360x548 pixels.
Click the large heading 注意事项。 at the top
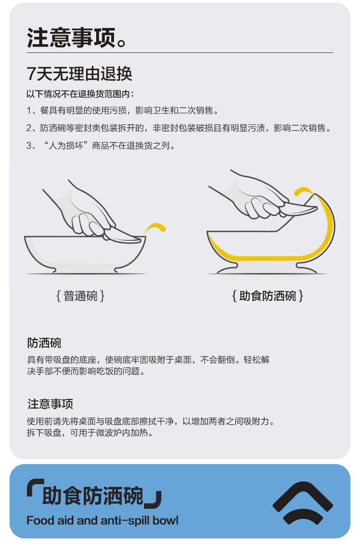77,38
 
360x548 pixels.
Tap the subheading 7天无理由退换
79,73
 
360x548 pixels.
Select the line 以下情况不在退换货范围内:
80,94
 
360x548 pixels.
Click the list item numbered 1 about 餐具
122,111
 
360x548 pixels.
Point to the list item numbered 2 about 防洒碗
179,128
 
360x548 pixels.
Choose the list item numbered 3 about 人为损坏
101,146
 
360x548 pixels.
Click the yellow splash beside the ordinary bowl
155,228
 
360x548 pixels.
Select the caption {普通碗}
81,296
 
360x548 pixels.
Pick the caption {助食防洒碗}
267,296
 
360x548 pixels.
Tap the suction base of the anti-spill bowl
267,269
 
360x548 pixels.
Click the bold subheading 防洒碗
44,343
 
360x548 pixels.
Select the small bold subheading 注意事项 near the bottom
50,404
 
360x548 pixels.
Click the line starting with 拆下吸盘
90,433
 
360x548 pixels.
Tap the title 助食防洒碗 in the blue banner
93,496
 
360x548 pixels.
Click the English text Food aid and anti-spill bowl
103,520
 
